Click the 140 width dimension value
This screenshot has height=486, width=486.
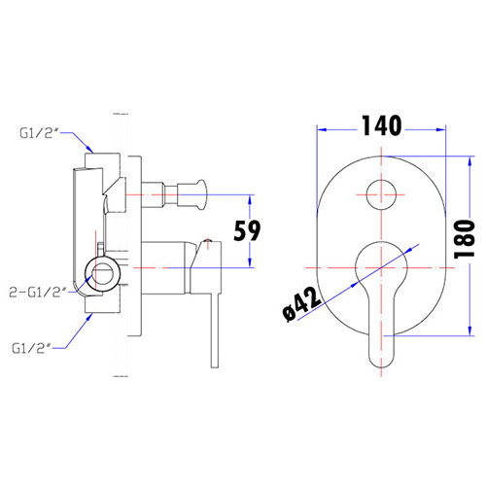click(x=381, y=125)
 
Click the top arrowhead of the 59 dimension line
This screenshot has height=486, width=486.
click(x=252, y=198)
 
